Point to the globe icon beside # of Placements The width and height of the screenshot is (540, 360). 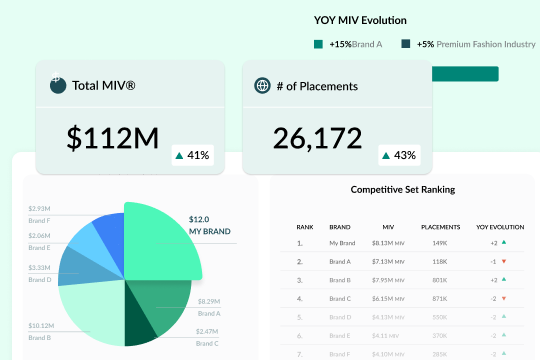263,86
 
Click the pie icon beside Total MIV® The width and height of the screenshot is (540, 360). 58,86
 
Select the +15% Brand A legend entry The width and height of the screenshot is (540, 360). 349,44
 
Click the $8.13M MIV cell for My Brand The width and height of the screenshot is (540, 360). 387,243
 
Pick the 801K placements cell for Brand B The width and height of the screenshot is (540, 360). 440,280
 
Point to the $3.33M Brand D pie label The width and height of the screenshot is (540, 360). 39,272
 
